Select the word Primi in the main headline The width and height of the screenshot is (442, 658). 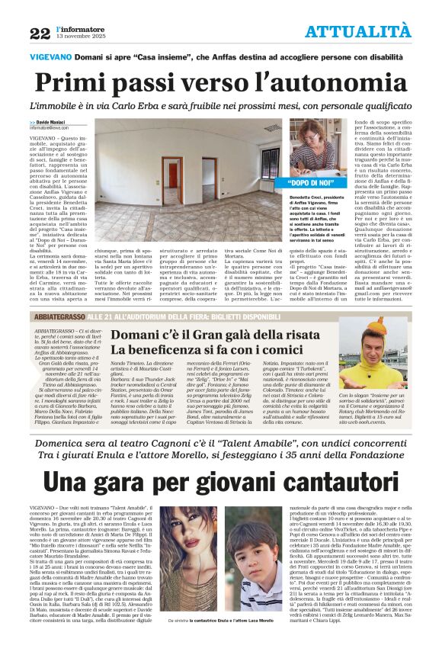pos(72,82)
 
